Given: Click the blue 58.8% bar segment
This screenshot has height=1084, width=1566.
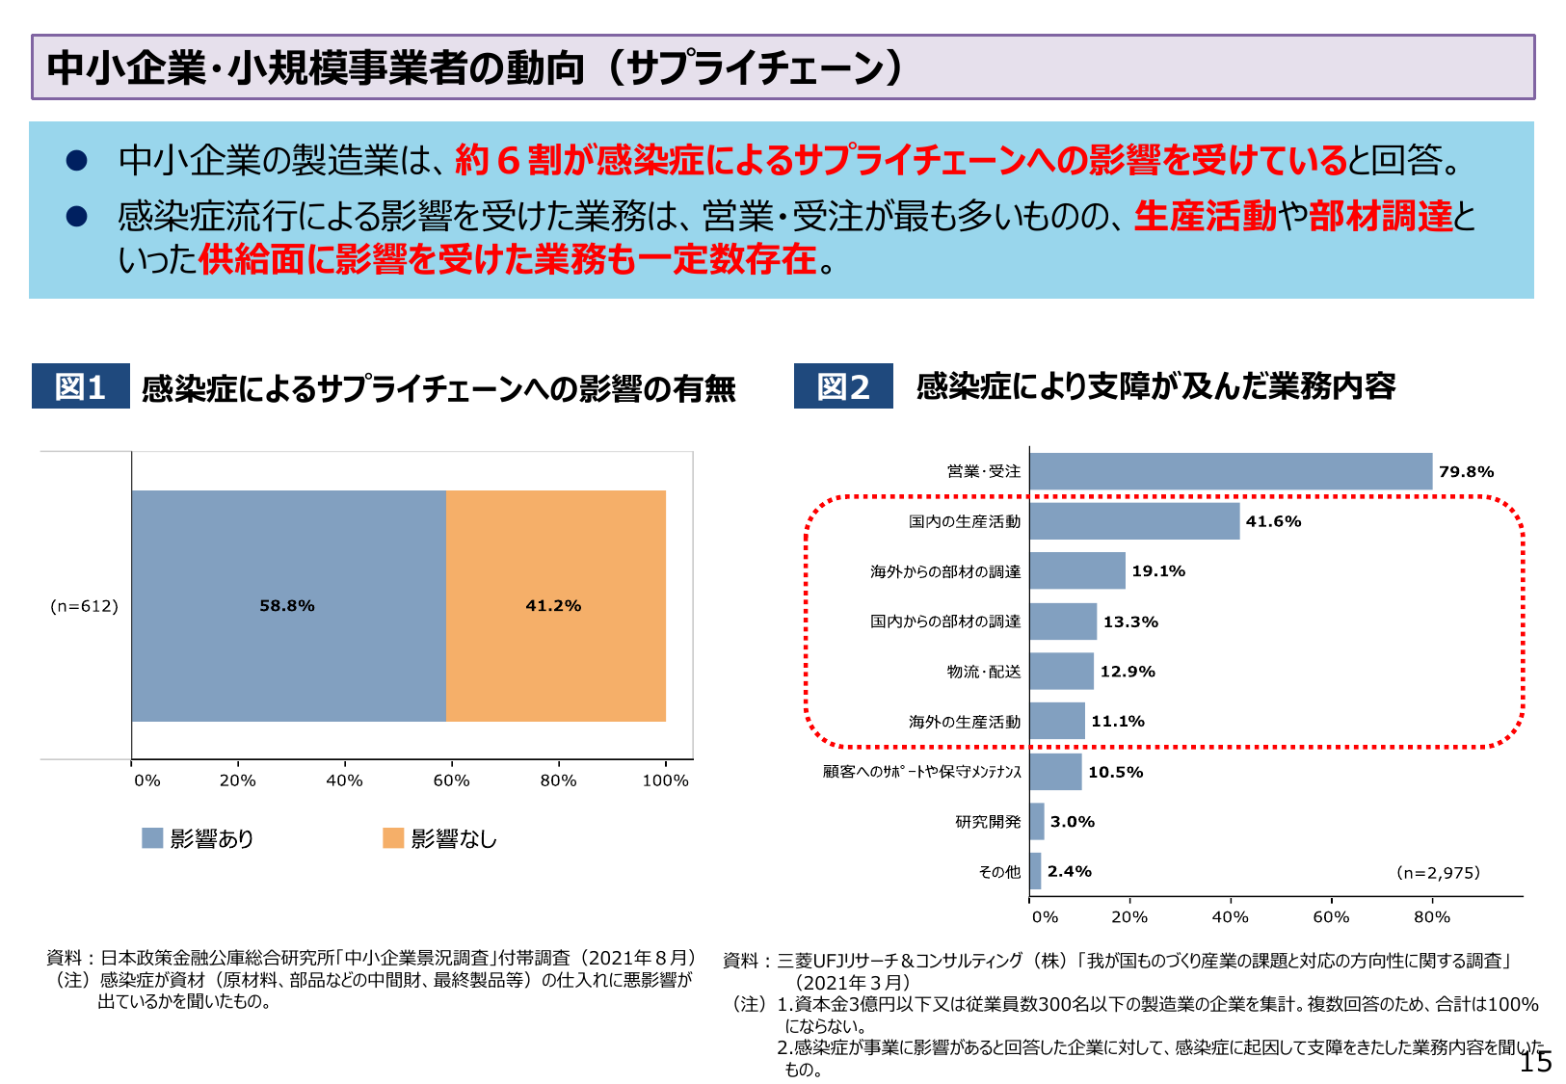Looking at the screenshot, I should coord(288,605).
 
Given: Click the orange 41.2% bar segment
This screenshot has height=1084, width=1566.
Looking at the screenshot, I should coord(555,605).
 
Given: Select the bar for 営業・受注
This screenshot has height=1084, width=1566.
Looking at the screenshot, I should coord(1230,471).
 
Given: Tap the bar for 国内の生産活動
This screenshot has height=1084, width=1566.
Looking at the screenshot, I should coord(1134,521).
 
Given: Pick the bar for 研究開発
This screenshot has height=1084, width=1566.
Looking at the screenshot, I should coord(1037,822).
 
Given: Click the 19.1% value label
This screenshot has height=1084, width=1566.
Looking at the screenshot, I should coord(1158,571).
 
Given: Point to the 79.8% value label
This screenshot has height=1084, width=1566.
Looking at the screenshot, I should coord(1466,471).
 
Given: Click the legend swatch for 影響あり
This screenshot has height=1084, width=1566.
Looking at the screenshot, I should coord(152,838).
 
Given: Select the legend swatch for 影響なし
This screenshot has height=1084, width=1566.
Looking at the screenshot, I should coord(393,838).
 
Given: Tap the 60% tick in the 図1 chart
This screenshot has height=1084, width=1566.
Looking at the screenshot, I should coord(451,780).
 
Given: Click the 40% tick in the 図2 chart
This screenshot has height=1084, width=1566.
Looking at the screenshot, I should coord(1230,917).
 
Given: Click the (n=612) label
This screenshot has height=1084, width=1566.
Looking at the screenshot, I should coord(84,606).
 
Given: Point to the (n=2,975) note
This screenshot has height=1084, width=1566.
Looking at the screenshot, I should coord(1438,873).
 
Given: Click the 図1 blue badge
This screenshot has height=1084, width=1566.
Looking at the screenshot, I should coord(80,386).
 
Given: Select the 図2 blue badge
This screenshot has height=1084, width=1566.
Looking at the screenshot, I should coord(843,386).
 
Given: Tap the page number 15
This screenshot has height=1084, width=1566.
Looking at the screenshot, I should coord(1535,1062).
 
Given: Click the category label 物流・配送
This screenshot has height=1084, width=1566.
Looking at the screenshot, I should coord(983,672).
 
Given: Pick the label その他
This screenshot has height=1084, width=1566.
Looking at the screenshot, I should coord(998,872).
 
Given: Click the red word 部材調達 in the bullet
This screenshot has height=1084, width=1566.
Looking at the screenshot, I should coord(1380,216).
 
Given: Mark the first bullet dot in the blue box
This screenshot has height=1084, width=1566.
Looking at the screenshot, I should coord(77,161).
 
